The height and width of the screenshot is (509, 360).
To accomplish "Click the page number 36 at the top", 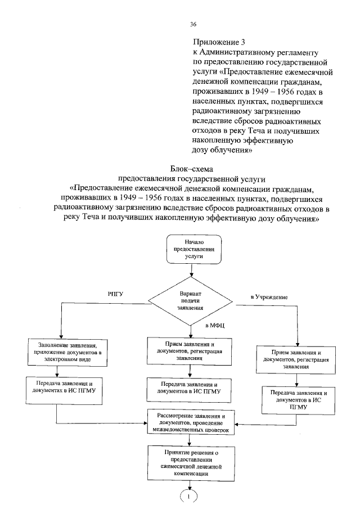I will tap(193, 24).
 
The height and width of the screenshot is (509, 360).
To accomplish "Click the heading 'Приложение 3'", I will tap(219, 42).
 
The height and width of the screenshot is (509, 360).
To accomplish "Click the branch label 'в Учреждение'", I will tap(269, 296).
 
